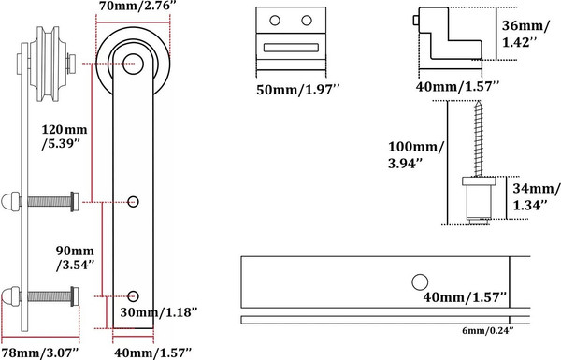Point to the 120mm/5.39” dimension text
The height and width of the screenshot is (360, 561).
pos(64,137)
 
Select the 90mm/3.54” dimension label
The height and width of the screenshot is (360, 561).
pos(75,257)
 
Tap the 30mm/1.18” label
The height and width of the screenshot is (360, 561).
pos(159,312)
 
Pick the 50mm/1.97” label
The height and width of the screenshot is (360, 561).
pos(297,89)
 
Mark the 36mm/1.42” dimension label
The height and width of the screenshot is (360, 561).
pos(525,34)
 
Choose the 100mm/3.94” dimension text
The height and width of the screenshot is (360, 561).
pos(416,155)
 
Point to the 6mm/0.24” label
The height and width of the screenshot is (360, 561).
pos(488,331)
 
